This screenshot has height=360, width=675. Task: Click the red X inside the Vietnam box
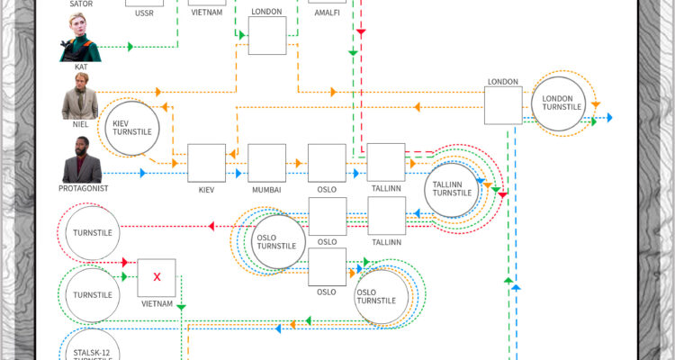click(157, 277)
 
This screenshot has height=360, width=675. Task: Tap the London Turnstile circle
click(564, 104)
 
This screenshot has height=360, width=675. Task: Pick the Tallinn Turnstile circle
click(452, 189)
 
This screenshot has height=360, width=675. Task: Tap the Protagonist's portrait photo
click(79, 160)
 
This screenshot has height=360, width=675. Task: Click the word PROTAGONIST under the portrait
click(84, 189)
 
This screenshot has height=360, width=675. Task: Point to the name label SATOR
click(81, 4)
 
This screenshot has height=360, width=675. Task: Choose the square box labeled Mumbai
click(266, 163)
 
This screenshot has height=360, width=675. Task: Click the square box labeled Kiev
click(206, 163)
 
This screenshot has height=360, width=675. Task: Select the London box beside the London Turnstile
click(503, 105)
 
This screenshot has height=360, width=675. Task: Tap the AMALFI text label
click(327, 13)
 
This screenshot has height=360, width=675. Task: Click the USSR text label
click(144, 13)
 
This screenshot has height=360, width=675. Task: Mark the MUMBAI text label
click(266, 190)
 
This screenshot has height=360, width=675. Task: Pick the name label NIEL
click(80, 125)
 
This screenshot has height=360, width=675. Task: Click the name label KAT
click(80, 67)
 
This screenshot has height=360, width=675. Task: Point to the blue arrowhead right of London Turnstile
click(608, 118)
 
